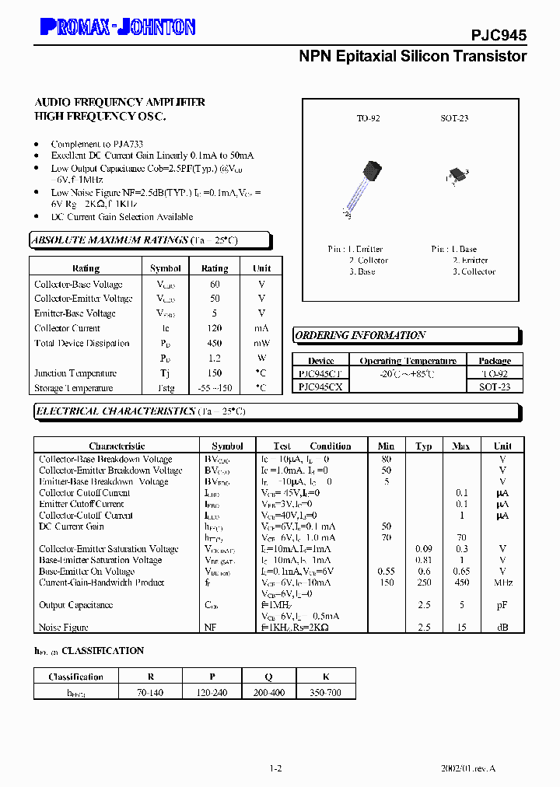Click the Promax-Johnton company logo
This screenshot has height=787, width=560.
(x=117, y=27)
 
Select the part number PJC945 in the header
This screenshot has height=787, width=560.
(x=499, y=35)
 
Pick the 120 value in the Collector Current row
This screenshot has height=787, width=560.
(x=215, y=328)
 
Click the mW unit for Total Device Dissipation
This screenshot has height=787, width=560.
(x=261, y=343)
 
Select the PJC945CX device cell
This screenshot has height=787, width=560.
(x=320, y=387)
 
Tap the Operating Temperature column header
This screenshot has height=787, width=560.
(x=408, y=361)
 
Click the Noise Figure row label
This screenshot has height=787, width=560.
(x=64, y=627)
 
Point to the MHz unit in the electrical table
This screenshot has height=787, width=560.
(x=502, y=582)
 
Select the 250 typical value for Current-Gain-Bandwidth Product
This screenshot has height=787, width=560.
(x=424, y=582)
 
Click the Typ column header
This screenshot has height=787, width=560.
(x=424, y=446)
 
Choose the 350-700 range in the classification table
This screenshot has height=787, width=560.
(x=323, y=692)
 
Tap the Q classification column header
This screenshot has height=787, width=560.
(x=268, y=677)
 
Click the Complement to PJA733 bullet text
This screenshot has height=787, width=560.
(x=96, y=144)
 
